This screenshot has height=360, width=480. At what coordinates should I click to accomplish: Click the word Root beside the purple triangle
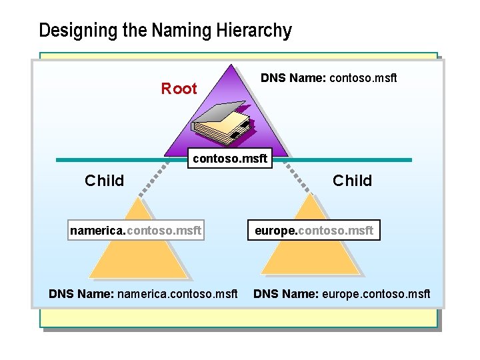click(x=179, y=89)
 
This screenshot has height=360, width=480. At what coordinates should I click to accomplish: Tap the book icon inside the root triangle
click(x=221, y=123)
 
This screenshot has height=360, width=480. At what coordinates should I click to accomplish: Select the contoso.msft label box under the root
click(x=229, y=159)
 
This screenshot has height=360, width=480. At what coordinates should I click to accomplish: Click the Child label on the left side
click(x=104, y=181)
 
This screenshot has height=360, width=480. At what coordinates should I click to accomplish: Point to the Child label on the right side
click(x=352, y=181)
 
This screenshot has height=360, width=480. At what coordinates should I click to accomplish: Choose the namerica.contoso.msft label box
click(x=136, y=231)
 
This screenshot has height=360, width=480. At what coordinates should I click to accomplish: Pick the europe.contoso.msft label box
click(x=313, y=231)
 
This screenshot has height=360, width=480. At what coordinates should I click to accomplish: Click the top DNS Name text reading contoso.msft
click(x=329, y=78)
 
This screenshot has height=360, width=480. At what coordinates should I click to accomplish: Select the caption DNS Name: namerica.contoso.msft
click(x=143, y=294)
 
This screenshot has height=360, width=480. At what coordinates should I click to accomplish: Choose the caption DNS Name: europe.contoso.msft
click(x=342, y=294)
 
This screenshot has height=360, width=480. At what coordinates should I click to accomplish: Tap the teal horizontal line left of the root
click(x=113, y=160)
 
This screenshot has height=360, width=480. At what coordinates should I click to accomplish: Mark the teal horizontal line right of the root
click(x=347, y=160)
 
